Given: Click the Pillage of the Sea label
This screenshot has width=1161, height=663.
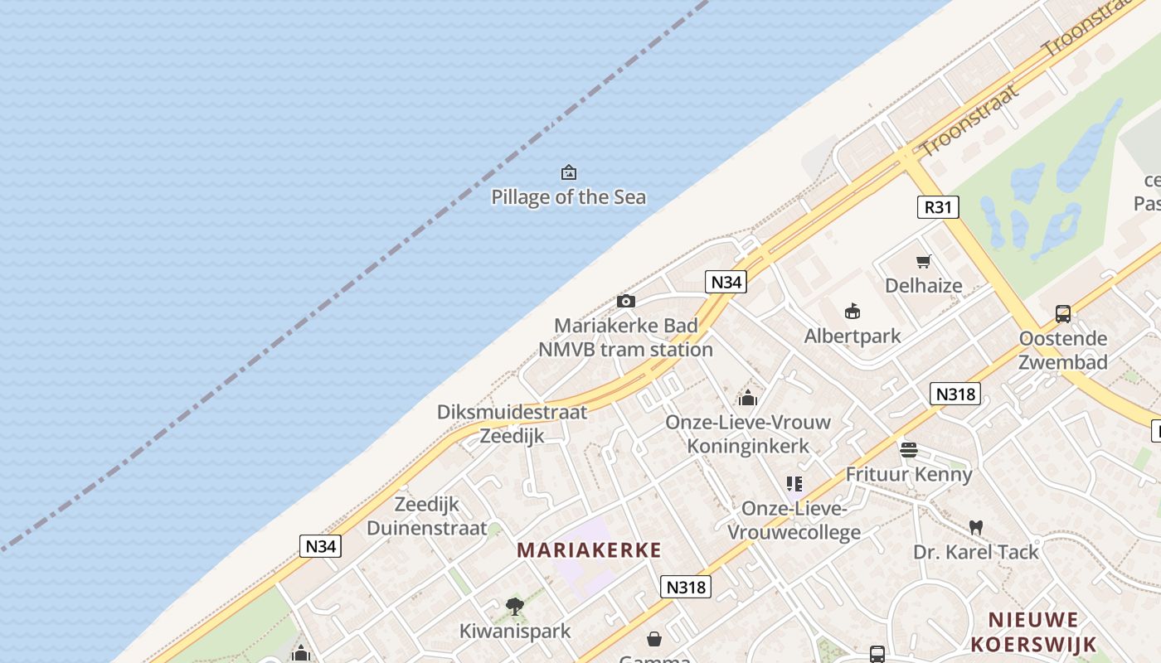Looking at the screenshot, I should pyautogui.click(x=568, y=197).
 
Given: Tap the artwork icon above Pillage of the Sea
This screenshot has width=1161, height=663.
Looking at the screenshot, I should pyautogui.click(x=569, y=172).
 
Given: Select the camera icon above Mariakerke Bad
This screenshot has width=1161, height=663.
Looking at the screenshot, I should pyautogui.click(x=626, y=301).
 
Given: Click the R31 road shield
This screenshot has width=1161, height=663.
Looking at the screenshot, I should pyautogui.click(x=938, y=206).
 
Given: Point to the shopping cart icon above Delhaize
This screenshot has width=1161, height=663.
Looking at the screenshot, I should pyautogui.click(x=924, y=261).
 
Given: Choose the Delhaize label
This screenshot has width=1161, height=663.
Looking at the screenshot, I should pyautogui.click(x=924, y=286).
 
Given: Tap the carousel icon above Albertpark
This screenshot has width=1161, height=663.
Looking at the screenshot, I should pyautogui.click(x=853, y=311).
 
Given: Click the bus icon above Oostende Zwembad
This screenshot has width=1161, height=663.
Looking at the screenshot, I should pyautogui.click(x=1063, y=313).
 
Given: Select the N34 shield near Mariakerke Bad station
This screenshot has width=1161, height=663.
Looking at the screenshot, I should pyautogui.click(x=726, y=282).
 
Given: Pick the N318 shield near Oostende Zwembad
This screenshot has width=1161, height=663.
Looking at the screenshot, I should pyautogui.click(x=955, y=394).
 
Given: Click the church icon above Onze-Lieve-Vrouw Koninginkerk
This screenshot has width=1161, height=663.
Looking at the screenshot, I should pyautogui.click(x=748, y=398).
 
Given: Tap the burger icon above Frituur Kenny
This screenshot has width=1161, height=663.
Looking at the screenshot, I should pyautogui.click(x=909, y=450).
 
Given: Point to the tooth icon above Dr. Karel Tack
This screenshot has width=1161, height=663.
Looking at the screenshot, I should pyautogui.click(x=976, y=527).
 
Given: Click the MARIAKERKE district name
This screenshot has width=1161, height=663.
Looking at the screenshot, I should pyautogui.click(x=590, y=549).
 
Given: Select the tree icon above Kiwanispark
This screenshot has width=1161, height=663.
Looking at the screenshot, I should pyautogui.click(x=515, y=607).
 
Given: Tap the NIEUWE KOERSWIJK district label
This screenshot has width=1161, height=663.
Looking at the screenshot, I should pyautogui.click(x=1033, y=632).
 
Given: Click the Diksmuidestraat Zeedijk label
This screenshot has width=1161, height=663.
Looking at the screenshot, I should pyautogui.click(x=512, y=423).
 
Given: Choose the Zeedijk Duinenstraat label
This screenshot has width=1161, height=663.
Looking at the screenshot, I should pyautogui.click(x=426, y=516).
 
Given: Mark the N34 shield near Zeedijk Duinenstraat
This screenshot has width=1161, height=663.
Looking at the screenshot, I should pyautogui.click(x=320, y=546).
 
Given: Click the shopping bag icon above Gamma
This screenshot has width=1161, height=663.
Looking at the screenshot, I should pyautogui.click(x=654, y=639).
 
